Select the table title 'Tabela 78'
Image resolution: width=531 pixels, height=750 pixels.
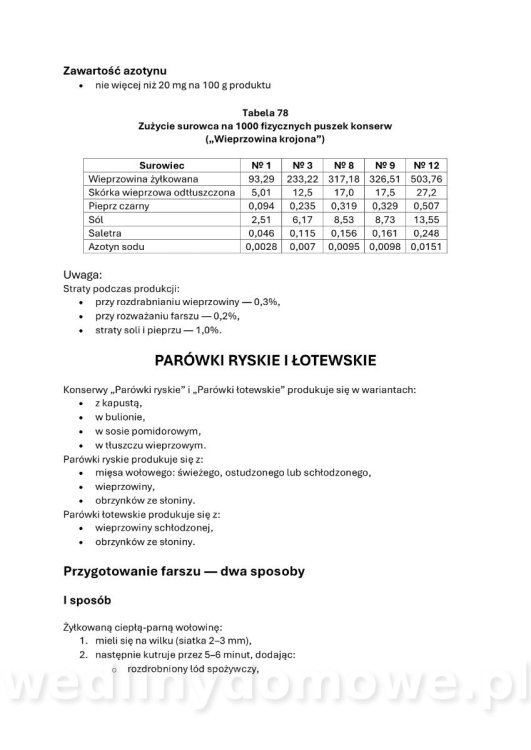pyautogui.click(x=265, y=113)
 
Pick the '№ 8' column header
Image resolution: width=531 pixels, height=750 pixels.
pyautogui.click(x=343, y=163)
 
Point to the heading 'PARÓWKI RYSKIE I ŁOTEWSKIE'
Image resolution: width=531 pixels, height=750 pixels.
pyautogui.click(x=265, y=359)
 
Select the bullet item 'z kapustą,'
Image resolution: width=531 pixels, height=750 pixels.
pyautogui.click(x=121, y=401)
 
